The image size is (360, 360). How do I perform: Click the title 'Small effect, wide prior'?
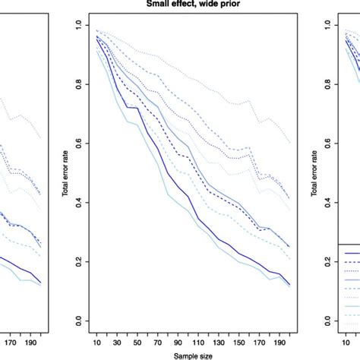(180, 3)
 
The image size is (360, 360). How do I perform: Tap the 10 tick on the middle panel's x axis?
(97, 343)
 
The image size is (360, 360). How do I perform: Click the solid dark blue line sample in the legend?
(350, 253)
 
